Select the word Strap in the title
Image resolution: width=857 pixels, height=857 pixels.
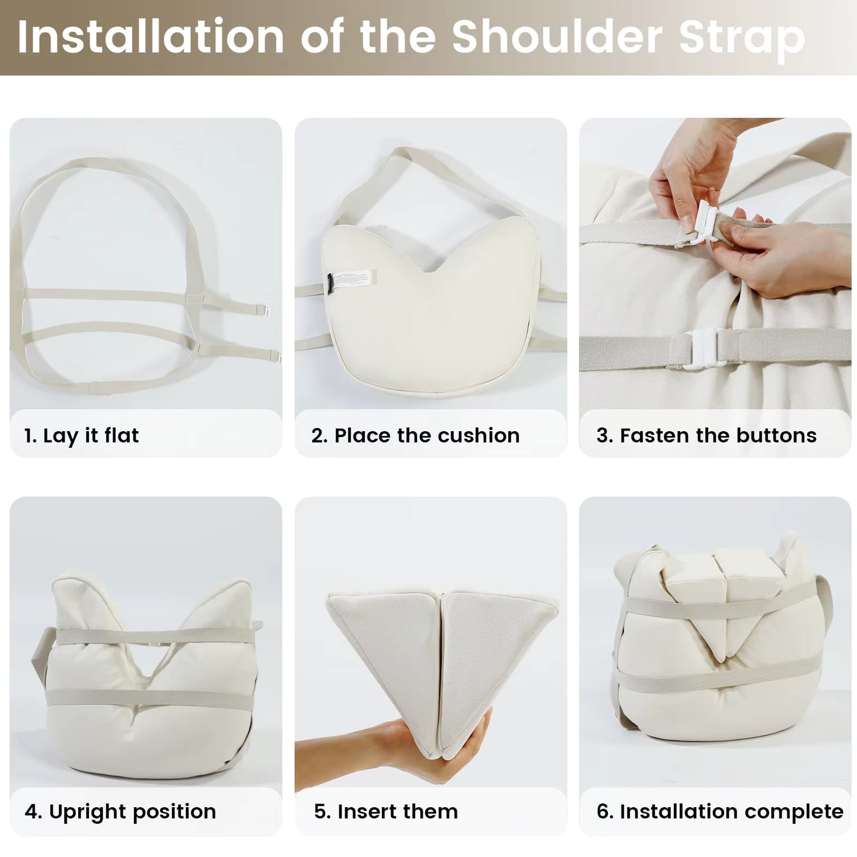pyautogui.click(x=742, y=40)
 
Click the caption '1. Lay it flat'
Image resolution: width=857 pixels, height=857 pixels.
pyautogui.click(x=81, y=435)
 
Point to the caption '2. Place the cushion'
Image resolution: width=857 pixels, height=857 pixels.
pyautogui.click(x=415, y=435)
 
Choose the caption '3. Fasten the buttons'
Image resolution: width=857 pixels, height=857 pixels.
pyautogui.click(x=706, y=435)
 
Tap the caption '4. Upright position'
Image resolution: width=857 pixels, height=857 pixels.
pyautogui.click(x=120, y=812)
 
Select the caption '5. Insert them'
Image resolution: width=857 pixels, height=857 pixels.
pyautogui.click(x=386, y=811)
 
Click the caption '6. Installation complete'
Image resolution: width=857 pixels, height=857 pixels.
pyautogui.click(x=719, y=812)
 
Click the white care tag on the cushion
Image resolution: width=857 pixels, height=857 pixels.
pyautogui.click(x=353, y=278)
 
